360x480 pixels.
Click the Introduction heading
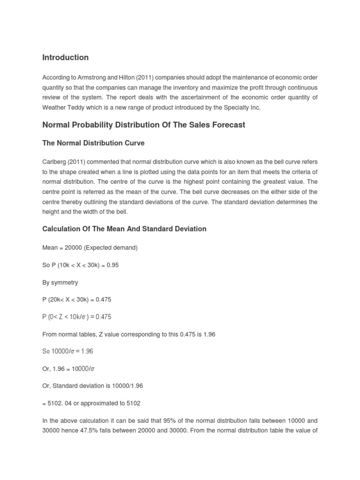point(65,58)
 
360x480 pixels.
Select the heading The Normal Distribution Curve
point(93,143)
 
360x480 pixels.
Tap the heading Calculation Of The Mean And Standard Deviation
point(124,229)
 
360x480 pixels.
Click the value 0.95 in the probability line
point(112,265)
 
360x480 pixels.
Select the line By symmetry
point(60,282)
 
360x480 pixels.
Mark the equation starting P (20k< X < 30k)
point(76,300)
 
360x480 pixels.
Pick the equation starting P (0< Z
point(76,317)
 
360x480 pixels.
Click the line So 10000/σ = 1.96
point(67,351)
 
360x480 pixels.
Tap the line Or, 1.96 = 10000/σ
point(68,368)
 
